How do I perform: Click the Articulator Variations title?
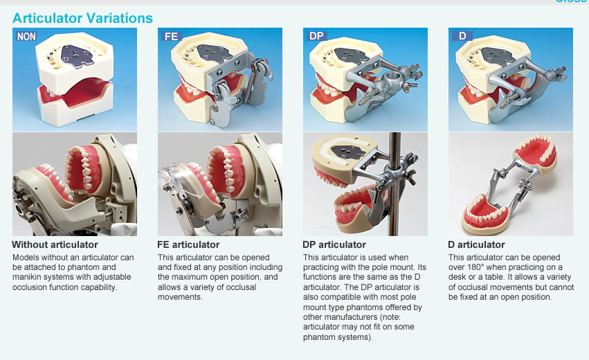[x=82, y=18]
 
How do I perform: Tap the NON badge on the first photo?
[x=26, y=37]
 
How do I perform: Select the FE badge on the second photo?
[x=171, y=37]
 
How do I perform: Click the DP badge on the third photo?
[x=316, y=36]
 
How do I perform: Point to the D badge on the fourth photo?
[x=462, y=36]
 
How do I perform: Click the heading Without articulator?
[x=55, y=244]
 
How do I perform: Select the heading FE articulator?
[x=188, y=244]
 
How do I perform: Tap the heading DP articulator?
[x=334, y=244]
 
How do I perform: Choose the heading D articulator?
[x=477, y=244]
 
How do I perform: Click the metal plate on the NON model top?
[x=77, y=56]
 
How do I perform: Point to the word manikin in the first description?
[x=26, y=277]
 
